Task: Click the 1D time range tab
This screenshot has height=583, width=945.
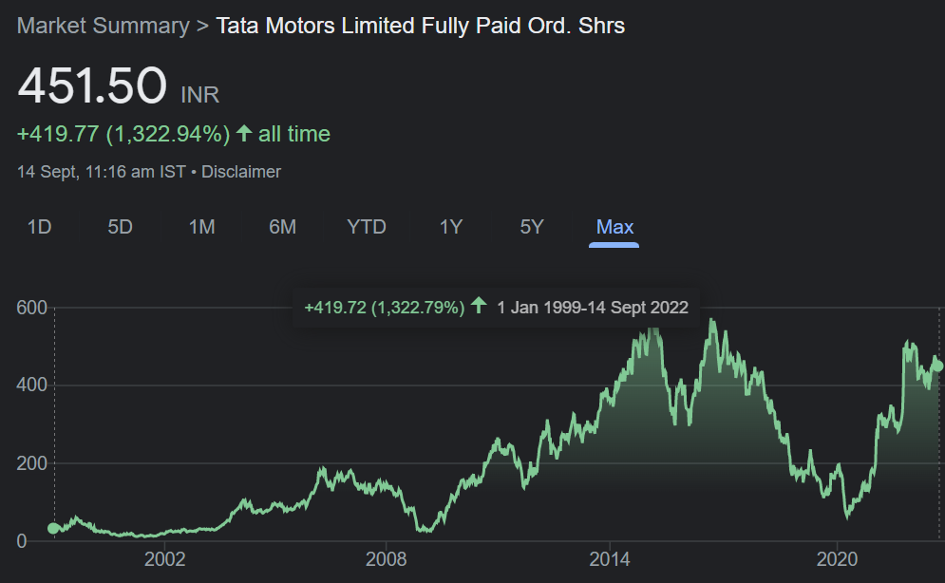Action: [x=39, y=227]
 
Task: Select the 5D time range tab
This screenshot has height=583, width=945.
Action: [x=120, y=227]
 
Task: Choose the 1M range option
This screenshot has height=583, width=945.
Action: [x=201, y=227]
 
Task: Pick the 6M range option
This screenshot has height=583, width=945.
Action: [x=282, y=227]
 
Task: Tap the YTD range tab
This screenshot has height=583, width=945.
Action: [x=367, y=227]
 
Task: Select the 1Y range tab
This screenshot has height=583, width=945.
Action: [x=450, y=227]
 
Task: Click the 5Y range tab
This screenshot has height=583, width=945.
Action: [x=532, y=227]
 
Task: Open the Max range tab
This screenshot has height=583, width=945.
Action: [x=614, y=227]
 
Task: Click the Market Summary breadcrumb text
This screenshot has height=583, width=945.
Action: [x=103, y=26]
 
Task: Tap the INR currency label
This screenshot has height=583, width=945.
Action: [x=199, y=94]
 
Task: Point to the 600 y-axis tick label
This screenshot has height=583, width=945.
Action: [x=31, y=308]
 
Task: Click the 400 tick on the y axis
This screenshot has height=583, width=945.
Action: [x=31, y=386]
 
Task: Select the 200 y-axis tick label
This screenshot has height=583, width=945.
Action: [x=31, y=463]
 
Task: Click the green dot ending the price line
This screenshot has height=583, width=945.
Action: [x=937, y=366]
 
